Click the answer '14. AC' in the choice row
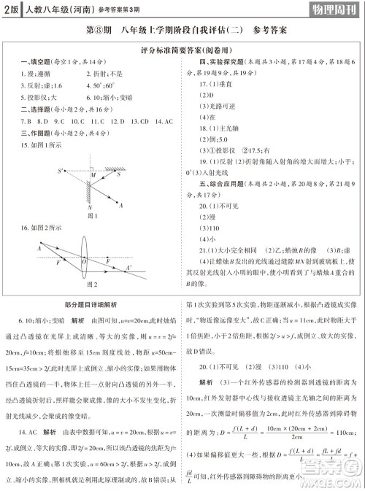(x=164, y=120)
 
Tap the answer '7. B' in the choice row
(x=27, y=120)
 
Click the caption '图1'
(x=92, y=217)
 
